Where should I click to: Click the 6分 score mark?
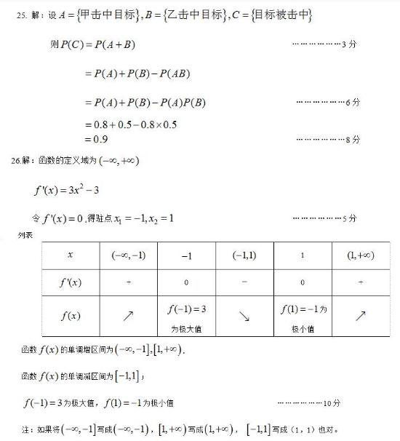tap(353, 103)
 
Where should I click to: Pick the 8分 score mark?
tap(353, 139)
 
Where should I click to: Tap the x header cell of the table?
tap(70, 255)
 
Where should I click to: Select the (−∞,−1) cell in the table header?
tap(128, 255)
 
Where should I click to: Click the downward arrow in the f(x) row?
tap(244, 316)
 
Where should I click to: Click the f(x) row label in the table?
tap(70, 316)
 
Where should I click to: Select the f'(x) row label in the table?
tap(70, 282)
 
